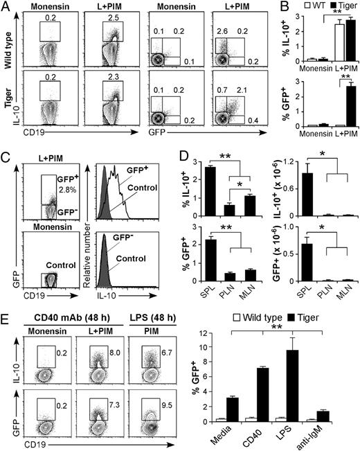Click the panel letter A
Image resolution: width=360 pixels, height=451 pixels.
(6, 7)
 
